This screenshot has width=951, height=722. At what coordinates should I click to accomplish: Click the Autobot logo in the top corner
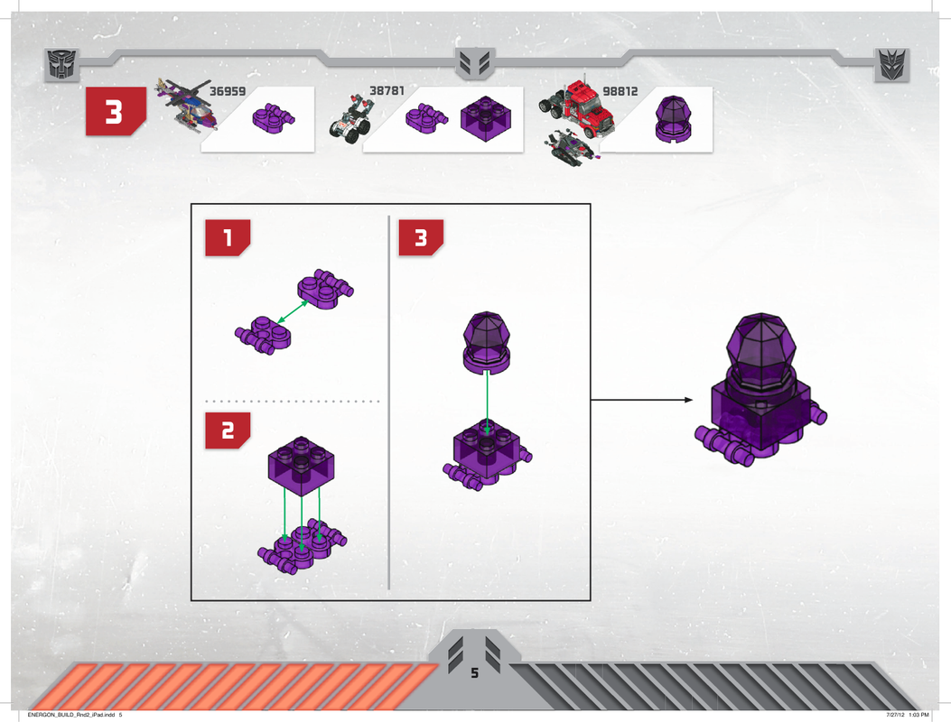pyautogui.click(x=62, y=65)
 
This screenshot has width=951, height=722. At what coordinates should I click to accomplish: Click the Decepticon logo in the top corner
pyautogui.click(x=892, y=65)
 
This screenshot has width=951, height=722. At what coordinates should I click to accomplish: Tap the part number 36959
pyautogui.click(x=228, y=91)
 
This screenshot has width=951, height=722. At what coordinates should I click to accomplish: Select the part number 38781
pyautogui.click(x=387, y=91)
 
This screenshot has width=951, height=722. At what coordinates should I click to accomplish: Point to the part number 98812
pyautogui.click(x=620, y=91)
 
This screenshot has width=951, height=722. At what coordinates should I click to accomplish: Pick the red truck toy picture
pyautogui.click(x=577, y=108)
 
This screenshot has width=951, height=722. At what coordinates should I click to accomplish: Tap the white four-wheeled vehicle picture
pyautogui.click(x=350, y=119)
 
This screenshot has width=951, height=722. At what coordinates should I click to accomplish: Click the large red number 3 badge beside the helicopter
pyautogui.click(x=116, y=112)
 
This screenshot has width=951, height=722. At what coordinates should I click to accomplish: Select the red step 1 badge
pyautogui.click(x=228, y=237)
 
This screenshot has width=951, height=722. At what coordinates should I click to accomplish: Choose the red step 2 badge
pyautogui.click(x=228, y=430)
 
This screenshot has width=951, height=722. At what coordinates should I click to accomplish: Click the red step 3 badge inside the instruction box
pyautogui.click(x=421, y=237)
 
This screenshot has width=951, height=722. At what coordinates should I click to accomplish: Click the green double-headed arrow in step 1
pyautogui.click(x=293, y=311)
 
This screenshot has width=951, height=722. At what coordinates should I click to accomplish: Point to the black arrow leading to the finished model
pyautogui.click(x=642, y=400)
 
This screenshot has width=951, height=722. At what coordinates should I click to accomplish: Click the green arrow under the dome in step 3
pyautogui.click(x=487, y=403)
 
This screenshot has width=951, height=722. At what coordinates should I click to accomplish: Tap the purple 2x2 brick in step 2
pyautogui.click(x=301, y=466)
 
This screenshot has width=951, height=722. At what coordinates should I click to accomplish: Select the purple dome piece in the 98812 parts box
pyautogui.click(x=673, y=119)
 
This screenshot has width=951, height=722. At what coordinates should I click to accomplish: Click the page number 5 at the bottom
pyautogui.click(x=474, y=673)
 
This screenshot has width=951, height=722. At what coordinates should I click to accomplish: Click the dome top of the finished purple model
pyautogui.click(x=761, y=350)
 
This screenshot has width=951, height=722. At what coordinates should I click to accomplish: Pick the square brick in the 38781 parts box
pyautogui.click(x=485, y=119)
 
